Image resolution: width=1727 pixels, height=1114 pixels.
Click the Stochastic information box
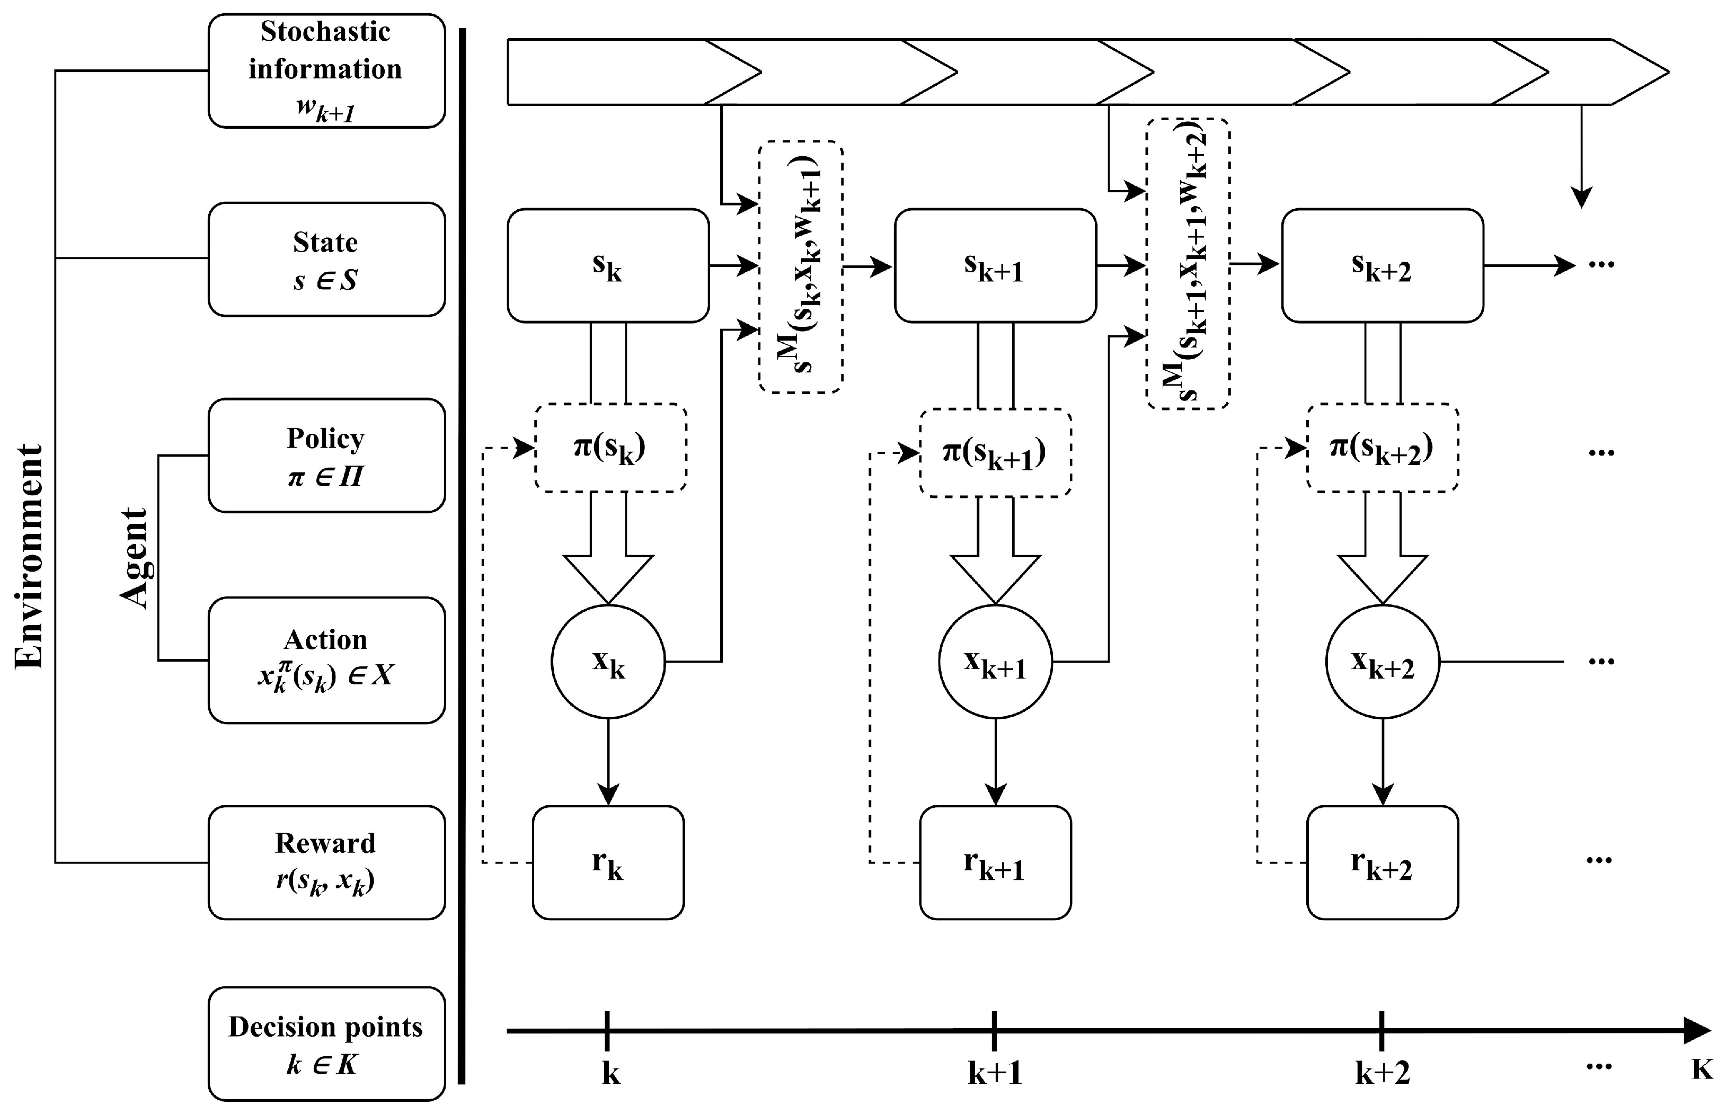coord(326,71)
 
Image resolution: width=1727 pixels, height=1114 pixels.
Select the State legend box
coord(326,260)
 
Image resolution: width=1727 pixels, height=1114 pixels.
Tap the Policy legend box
coord(326,456)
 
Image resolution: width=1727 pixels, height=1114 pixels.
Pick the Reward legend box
coord(326,862)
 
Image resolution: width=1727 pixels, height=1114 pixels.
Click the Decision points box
coord(326,1044)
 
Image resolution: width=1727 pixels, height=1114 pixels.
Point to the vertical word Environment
coord(30,557)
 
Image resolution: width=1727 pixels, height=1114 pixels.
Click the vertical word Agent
coord(135,557)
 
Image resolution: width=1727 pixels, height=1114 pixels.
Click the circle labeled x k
coord(608,661)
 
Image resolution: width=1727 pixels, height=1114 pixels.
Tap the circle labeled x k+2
coord(1382,661)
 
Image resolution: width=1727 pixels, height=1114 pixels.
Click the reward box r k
coord(608,862)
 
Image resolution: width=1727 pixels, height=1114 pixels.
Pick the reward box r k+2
coord(1382,862)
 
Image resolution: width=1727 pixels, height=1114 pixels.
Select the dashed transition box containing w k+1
coord(800,267)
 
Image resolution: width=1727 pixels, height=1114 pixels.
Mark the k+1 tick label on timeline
coord(995,1073)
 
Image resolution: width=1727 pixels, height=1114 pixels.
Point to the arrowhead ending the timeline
coord(1697,1030)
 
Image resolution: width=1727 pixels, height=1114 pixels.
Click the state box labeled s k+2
coord(1382,265)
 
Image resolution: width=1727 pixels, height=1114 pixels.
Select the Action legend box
coord(326,660)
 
